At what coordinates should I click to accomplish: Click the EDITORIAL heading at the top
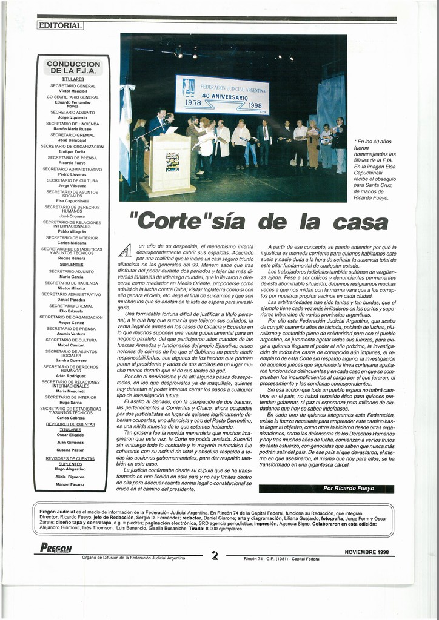(59, 25)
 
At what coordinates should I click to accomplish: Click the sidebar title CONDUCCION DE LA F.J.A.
(73, 67)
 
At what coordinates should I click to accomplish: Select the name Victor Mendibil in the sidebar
(73, 91)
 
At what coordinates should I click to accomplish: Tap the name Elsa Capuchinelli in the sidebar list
(73, 200)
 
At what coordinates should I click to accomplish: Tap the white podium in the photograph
(168, 163)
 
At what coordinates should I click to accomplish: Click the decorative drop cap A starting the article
(125, 250)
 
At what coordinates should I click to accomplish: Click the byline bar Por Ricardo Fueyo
(326, 489)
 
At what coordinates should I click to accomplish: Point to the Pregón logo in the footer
(56, 548)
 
